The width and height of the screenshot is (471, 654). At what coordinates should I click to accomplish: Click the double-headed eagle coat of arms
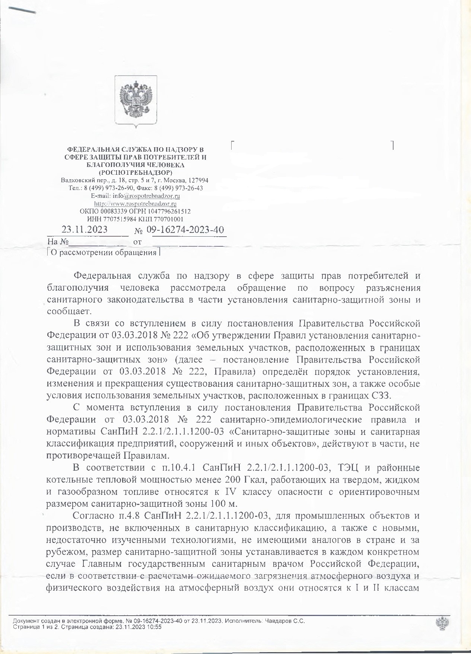[x=136, y=100]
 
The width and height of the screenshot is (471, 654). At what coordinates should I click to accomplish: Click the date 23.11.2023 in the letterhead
[x=85, y=229]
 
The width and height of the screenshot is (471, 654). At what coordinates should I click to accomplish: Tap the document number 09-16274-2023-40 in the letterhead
[x=185, y=229]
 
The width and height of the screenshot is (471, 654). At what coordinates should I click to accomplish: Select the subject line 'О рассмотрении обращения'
[x=104, y=253]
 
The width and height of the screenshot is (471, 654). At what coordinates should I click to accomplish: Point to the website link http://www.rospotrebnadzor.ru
[x=135, y=204]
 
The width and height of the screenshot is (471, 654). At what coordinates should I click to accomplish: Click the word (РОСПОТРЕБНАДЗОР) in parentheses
[x=136, y=173]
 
